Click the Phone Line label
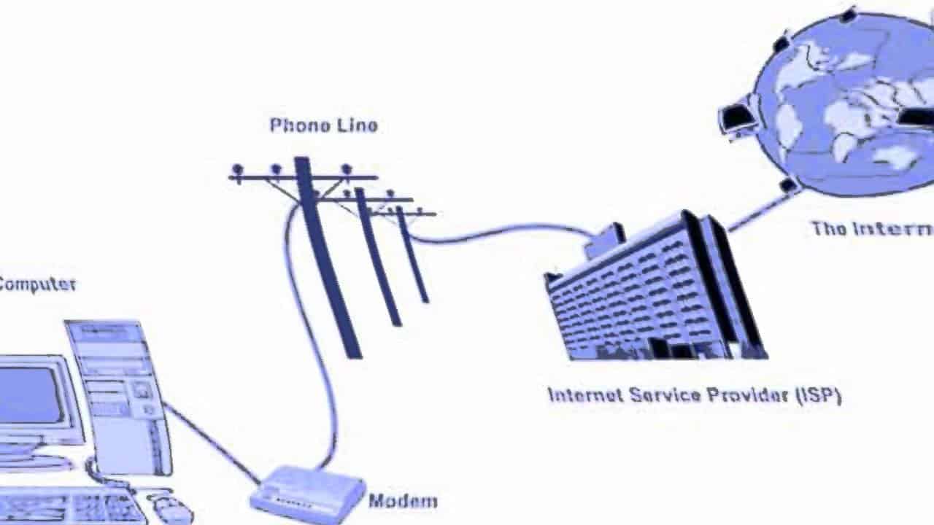[323, 125]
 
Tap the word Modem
[403, 501]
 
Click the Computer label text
[37, 284]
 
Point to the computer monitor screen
[29, 394]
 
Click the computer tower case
[120, 394]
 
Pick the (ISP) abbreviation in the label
[818, 395]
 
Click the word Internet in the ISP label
[585, 395]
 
